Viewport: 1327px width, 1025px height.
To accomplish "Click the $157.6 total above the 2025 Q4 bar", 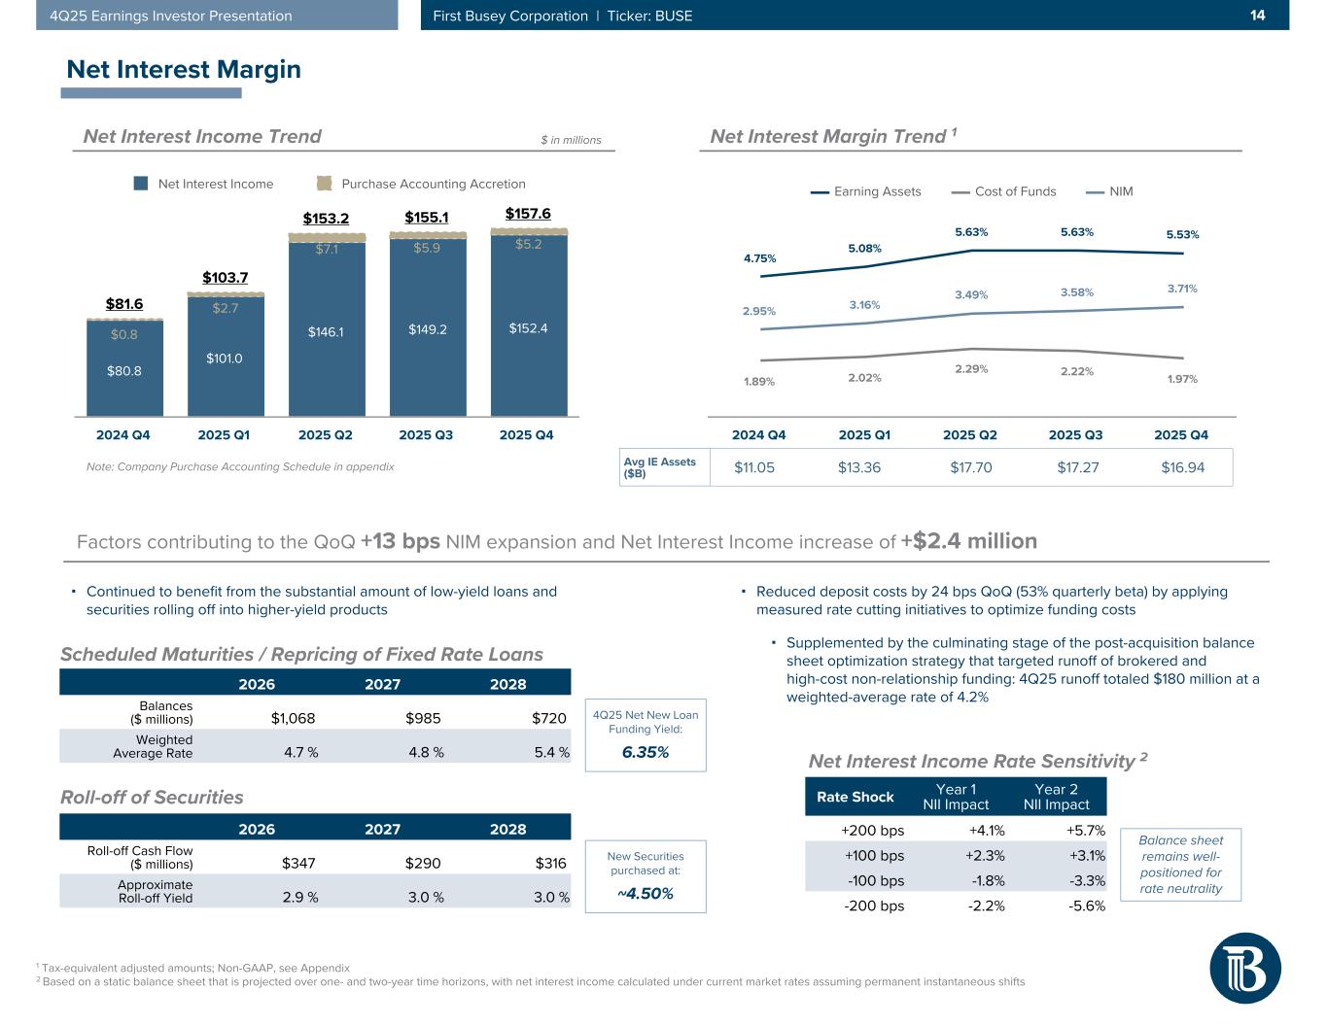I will pos(528,214).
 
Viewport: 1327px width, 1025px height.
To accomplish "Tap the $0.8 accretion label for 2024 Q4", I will pos(123,335).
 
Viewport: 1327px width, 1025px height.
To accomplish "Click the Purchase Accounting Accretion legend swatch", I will pos(325,184).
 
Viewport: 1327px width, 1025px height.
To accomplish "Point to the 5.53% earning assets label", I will pos(1182,235).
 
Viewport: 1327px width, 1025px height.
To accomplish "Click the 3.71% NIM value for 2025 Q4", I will pos(1182,289).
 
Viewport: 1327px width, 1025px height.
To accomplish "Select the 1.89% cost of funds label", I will pos(759,382).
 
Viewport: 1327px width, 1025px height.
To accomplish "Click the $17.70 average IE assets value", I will pos(970,467).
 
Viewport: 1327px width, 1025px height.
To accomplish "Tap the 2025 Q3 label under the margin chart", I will pos(1076,435).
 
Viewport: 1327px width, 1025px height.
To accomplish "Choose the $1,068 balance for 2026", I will pos(293,719).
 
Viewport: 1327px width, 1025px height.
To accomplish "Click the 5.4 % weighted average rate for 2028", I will pos(550,753).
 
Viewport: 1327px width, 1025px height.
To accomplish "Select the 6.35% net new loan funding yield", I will pos(646,752).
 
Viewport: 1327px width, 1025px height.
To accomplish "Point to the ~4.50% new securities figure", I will pos(646,893).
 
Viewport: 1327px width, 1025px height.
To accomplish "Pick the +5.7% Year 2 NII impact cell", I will pos(1085,831).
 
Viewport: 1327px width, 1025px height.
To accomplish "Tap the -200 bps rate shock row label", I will pos(872,906).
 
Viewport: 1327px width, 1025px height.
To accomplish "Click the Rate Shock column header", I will pos(855,797).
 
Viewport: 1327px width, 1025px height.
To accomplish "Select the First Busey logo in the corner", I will pos(1245,969).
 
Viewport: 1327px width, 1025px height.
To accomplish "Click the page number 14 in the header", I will pos(1257,16).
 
